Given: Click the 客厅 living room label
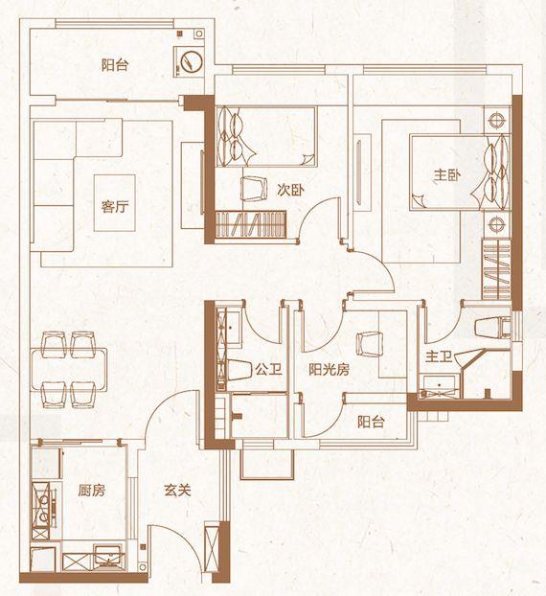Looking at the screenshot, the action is tap(115, 206).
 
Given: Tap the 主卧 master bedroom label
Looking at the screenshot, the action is tap(447, 175).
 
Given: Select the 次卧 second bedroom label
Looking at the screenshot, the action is tap(290, 190).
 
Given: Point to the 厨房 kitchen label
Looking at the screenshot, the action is tap(92, 491).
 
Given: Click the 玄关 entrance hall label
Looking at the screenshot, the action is tap(177, 491).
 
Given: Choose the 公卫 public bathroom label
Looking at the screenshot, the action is tap(268, 369).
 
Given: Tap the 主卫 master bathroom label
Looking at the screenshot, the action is tap(439, 356).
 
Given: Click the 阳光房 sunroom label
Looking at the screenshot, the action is tap(329, 369).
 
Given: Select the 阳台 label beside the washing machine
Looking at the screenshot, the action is tap(115, 65).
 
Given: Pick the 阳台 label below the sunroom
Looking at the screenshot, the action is tap(371, 422).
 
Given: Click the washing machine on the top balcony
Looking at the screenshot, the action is tap(189, 61).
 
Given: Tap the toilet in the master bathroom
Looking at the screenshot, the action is tap(493, 328).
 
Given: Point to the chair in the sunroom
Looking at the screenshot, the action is tap(369, 344).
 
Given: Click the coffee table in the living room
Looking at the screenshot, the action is tap(115, 202).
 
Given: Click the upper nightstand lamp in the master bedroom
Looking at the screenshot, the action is tap(496, 120).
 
